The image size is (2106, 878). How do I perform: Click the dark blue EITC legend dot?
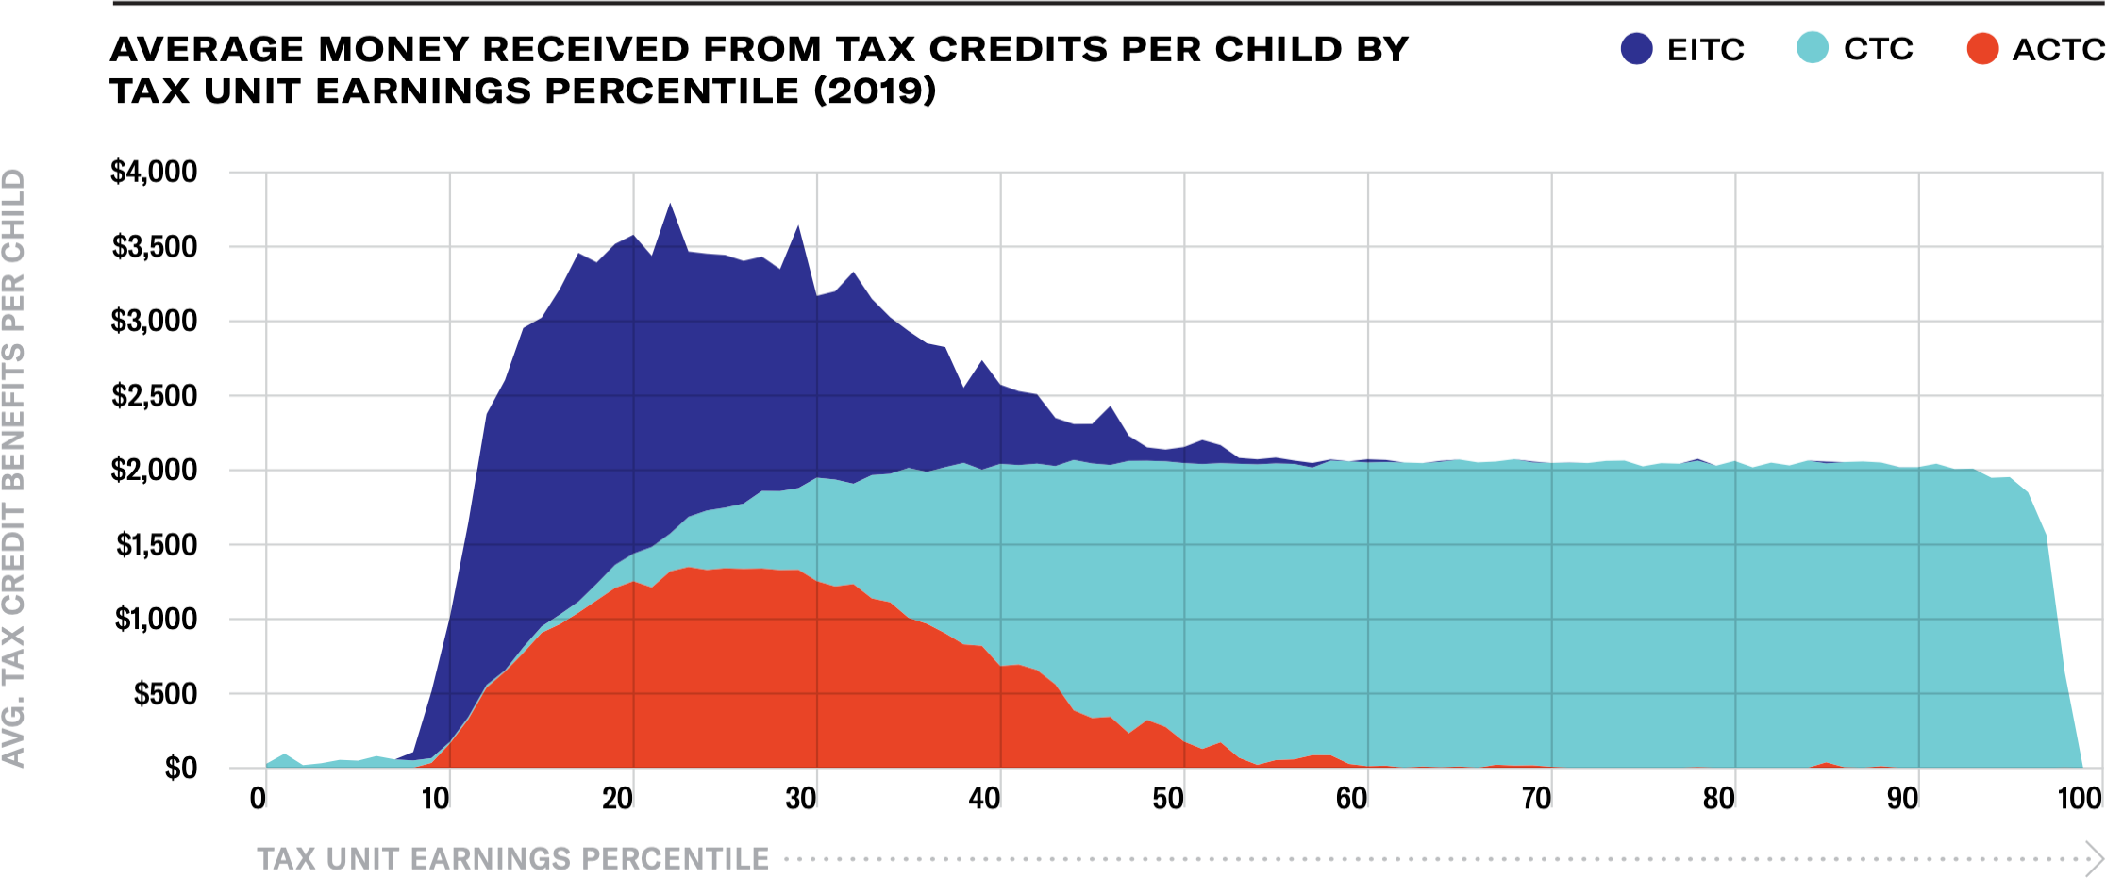point(1636,49)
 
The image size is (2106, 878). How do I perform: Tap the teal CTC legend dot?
point(1813,47)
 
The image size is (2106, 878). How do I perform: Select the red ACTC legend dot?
point(1982,49)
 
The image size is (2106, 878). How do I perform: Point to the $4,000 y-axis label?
point(154,172)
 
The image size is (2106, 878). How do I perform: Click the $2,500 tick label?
point(154,396)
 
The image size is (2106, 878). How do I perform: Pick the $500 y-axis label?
point(165,694)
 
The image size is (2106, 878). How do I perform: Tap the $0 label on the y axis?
point(180,769)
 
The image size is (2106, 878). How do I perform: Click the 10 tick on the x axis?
point(435,799)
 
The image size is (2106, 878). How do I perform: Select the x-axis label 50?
point(1168,799)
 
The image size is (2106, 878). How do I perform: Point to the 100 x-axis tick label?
point(2079,799)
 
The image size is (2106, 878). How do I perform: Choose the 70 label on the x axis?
point(1536,799)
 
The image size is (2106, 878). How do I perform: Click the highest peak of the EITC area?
point(670,205)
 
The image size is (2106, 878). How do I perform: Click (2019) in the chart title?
point(875,91)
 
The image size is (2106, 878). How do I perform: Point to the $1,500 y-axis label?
point(156,545)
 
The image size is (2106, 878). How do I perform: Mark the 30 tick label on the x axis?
point(801,799)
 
